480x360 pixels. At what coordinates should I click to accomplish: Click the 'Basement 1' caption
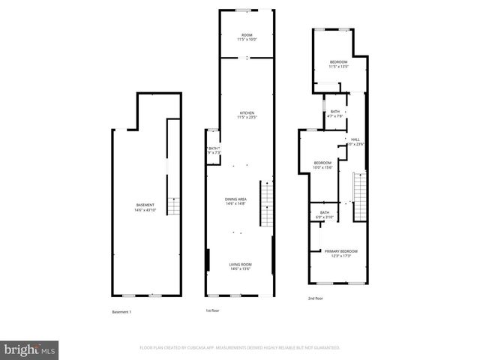tap(121, 311)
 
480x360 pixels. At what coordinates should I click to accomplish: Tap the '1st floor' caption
tap(213, 310)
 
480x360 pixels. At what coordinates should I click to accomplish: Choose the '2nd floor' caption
tap(315, 298)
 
